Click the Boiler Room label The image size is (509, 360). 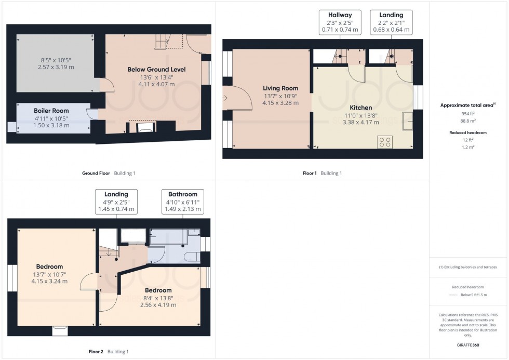point(51,111)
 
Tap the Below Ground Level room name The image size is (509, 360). point(157,69)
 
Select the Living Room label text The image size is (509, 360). point(280,88)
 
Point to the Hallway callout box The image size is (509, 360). point(339,23)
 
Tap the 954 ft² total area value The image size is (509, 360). point(468,113)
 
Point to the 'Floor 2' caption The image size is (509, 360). point(97,352)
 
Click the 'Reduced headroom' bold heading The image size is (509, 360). point(468,132)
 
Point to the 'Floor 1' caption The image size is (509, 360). point(310,173)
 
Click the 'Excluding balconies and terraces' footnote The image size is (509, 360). point(468,267)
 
